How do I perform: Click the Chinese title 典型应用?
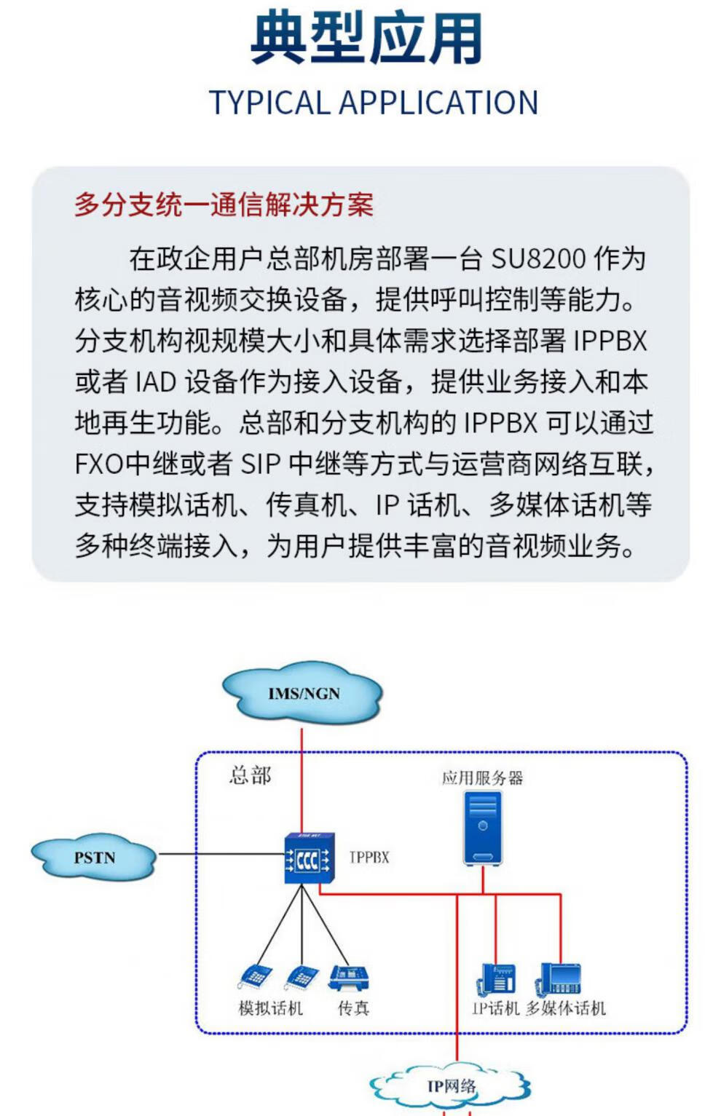click(x=366, y=38)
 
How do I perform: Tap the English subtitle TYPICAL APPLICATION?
click(x=373, y=103)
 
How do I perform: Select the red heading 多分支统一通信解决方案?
click(x=224, y=205)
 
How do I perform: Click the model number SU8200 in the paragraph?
click(x=538, y=258)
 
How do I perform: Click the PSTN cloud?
click(x=94, y=857)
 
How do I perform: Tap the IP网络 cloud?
click(x=452, y=1087)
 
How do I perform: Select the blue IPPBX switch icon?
click(x=308, y=859)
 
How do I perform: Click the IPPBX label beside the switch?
click(x=369, y=858)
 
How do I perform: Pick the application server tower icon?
click(x=483, y=828)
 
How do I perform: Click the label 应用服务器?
click(x=482, y=777)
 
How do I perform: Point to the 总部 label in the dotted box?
click(x=250, y=775)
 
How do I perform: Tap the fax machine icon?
click(x=349, y=978)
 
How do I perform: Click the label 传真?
click(x=353, y=1008)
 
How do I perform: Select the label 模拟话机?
click(x=270, y=1008)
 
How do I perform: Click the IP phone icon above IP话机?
click(x=497, y=979)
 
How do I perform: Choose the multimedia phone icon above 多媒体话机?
click(x=559, y=979)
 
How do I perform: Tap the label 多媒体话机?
click(x=566, y=1008)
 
